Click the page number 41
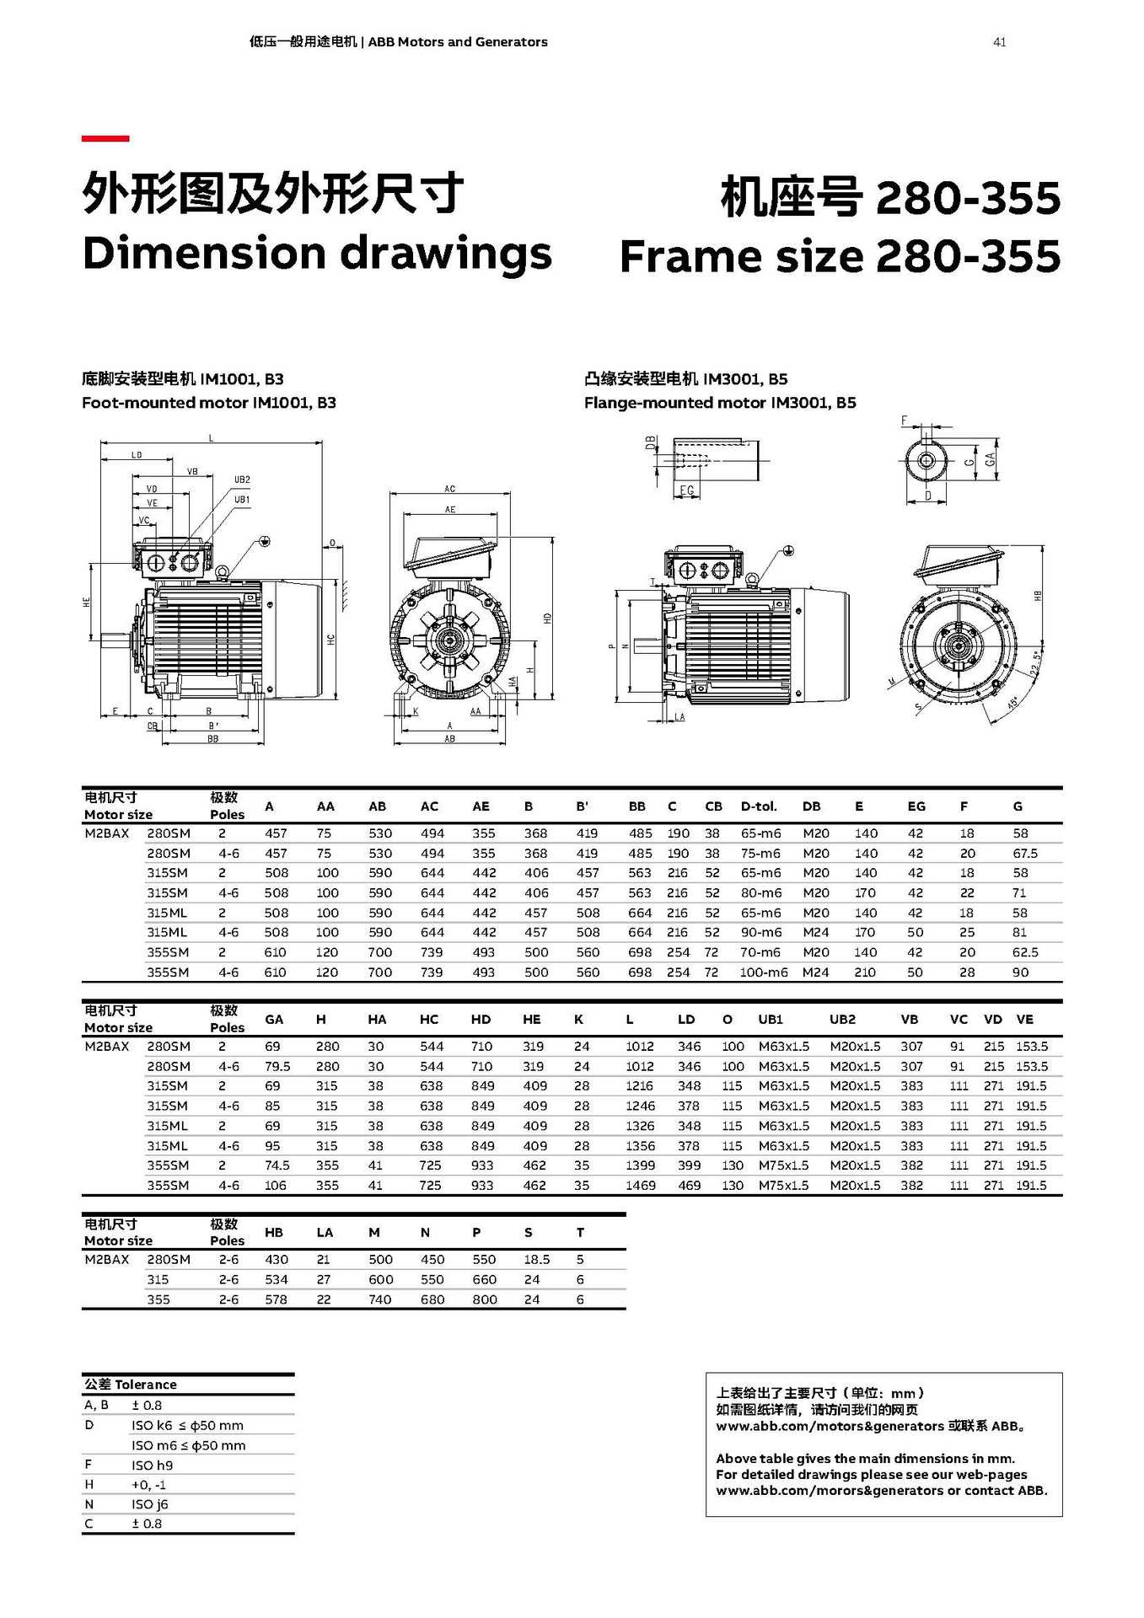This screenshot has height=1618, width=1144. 999,42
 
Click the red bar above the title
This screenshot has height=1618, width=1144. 105,138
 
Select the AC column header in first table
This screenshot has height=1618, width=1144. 429,806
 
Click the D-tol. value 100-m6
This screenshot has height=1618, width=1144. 764,972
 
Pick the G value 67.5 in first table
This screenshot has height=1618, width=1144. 1024,853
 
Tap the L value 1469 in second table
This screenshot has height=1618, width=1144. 640,1185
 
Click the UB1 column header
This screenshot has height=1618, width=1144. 770,1019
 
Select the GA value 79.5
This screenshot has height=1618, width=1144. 277,1066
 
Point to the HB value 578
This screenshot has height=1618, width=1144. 276,1299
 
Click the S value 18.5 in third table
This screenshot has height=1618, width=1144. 536,1259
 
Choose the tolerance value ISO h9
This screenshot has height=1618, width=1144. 152,1465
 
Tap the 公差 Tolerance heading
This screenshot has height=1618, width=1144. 130,1385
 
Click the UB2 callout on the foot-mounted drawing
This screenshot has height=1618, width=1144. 242,480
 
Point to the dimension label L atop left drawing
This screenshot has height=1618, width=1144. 212,437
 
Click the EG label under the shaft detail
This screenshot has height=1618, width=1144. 687,490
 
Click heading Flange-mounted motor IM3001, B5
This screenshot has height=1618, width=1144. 719,403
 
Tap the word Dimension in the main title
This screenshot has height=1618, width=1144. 203,253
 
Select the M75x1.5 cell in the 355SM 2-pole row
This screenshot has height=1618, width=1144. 783,1165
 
